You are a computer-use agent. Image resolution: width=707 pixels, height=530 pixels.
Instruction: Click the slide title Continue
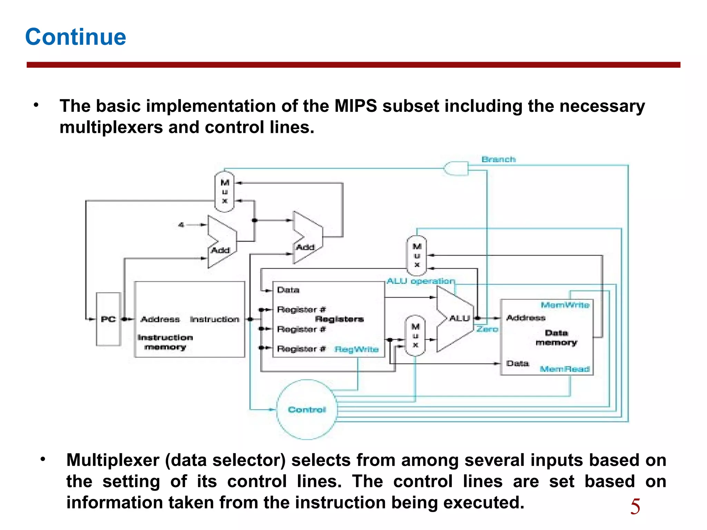click(x=76, y=37)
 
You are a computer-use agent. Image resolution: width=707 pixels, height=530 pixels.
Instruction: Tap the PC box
click(x=108, y=319)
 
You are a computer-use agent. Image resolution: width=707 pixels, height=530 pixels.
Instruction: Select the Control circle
click(x=307, y=410)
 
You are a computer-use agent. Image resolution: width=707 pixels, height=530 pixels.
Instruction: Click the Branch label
click(x=498, y=159)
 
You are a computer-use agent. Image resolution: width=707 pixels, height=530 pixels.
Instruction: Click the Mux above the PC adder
click(x=225, y=192)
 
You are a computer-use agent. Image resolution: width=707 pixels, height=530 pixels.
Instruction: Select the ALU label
click(x=459, y=318)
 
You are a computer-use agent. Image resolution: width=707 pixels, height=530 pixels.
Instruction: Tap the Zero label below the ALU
click(x=487, y=329)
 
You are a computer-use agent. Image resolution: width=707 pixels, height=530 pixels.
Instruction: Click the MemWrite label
click(x=565, y=305)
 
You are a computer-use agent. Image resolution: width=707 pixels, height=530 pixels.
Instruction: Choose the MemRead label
click(x=564, y=369)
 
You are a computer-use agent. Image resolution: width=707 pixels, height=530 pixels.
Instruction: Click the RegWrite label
click(x=357, y=350)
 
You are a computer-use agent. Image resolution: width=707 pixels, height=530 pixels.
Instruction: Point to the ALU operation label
click(x=420, y=281)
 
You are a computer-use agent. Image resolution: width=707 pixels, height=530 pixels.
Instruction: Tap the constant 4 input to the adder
click(x=181, y=225)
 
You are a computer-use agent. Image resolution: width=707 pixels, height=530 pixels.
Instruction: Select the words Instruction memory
click(x=165, y=342)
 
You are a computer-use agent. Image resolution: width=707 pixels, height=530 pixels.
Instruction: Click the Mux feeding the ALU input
click(x=415, y=335)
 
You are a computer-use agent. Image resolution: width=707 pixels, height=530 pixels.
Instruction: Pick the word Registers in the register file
click(x=339, y=319)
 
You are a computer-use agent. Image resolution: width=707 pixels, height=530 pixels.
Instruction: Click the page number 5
click(x=635, y=507)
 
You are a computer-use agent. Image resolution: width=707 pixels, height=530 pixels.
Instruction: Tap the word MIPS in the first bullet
click(x=355, y=106)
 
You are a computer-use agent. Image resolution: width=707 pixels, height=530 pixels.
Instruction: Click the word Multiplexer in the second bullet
click(x=113, y=460)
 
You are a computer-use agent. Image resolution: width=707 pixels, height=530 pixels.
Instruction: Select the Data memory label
click(x=556, y=337)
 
